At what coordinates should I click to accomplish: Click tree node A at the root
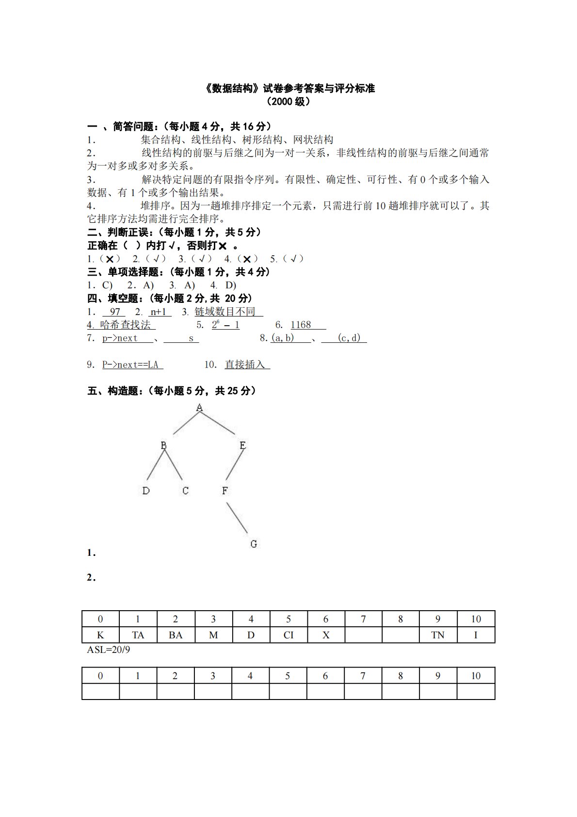pyautogui.click(x=199, y=408)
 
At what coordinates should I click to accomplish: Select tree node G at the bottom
pyautogui.click(x=254, y=544)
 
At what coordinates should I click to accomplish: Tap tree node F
pyautogui.click(x=224, y=491)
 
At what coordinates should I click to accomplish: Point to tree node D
pyautogui.click(x=146, y=491)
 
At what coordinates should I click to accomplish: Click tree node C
pyautogui.click(x=185, y=491)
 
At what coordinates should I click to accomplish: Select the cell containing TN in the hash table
pyautogui.click(x=438, y=635)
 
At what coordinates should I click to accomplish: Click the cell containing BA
pyautogui.click(x=176, y=635)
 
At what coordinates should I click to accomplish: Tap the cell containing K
pyautogui.click(x=100, y=635)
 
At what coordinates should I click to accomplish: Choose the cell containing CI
pyautogui.click(x=288, y=635)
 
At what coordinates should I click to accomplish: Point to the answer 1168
pyautogui.click(x=301, y=325)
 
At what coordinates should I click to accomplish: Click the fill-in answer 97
pyautogui.click(x=115, y=312)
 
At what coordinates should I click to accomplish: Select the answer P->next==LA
pyautogui.click(x=132, y=365)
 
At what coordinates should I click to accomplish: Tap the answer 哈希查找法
pyautogui.click(x=126, y=325)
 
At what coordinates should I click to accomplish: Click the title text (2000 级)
pyautogui.click(x=288, y=102)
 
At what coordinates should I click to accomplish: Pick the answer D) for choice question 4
pyautogui.click(x=230, y=285)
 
